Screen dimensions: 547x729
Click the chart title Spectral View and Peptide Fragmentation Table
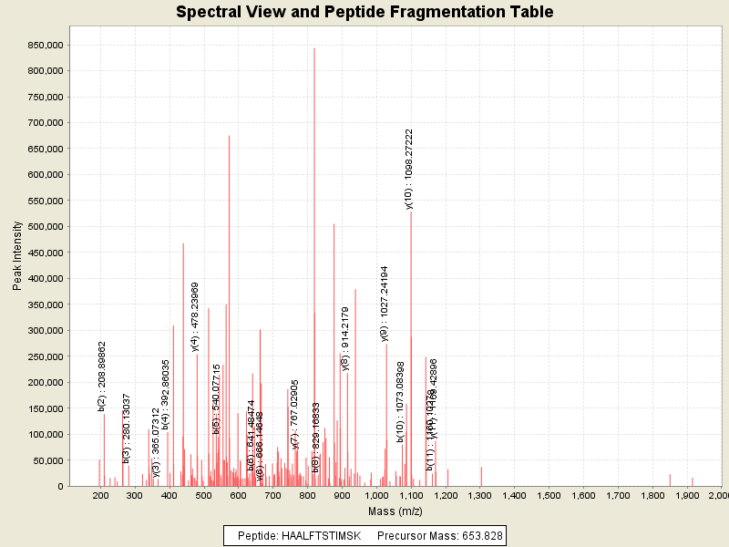click(x=364, y=12)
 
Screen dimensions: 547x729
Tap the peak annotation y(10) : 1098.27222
click(x=410, y=170)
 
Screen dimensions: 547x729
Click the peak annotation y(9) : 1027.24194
click(x=385, y=304)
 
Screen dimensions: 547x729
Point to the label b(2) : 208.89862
click(x=102, y=377)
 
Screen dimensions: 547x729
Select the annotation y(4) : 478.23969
click(x=195, y=316)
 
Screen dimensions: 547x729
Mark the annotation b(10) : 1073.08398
click(x=400, y=401)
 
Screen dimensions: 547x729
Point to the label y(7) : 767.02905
click(x=295, y=414)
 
